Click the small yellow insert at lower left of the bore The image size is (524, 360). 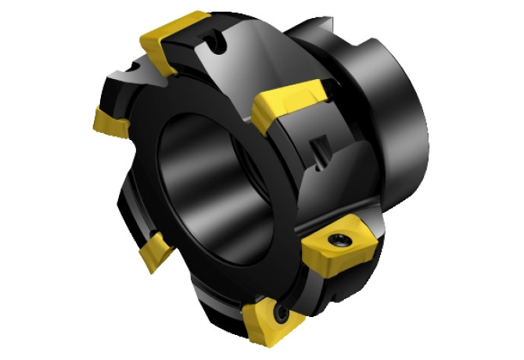156,252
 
